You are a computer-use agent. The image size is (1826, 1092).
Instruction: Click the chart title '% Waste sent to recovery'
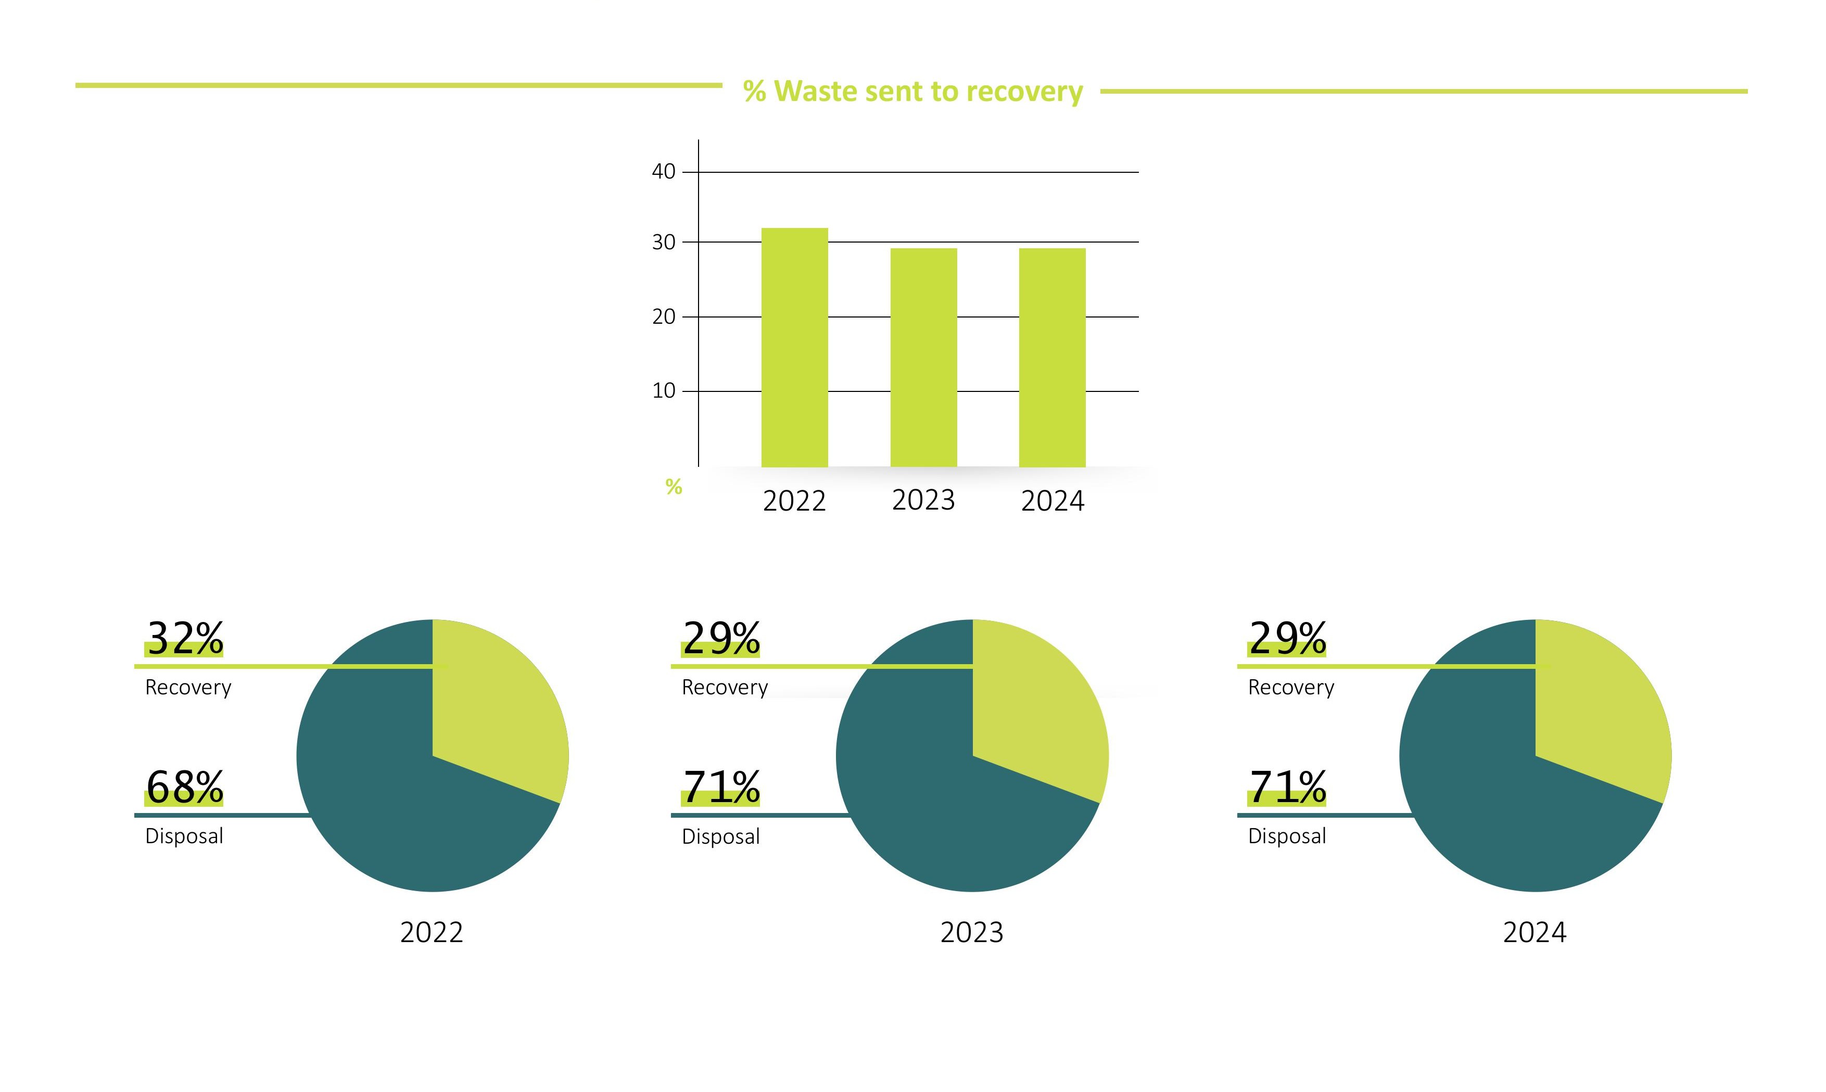[x=912, y=91]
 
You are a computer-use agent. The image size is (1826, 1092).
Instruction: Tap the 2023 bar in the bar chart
[x=923, y=357]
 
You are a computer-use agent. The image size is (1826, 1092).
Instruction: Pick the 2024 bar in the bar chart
[x=1052, y=357]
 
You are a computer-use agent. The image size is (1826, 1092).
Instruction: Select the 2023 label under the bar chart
[x=923, y=500]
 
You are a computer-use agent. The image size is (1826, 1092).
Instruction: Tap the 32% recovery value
[x=185, y=638]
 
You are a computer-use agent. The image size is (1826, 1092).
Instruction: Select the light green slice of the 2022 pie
[x=493, y=706]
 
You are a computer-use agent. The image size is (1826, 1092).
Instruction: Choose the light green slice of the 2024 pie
[x=1596, y=706]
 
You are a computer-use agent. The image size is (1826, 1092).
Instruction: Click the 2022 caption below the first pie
[x=432, y=932]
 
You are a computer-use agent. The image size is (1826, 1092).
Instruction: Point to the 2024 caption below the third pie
[x=1535, y=932]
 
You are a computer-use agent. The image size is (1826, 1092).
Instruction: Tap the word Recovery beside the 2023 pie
[x=725, y=687]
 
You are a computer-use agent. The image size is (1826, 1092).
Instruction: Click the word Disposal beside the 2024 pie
[x=1287, y=836]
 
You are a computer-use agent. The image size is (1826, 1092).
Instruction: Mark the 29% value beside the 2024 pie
[x=1287, y=638]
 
